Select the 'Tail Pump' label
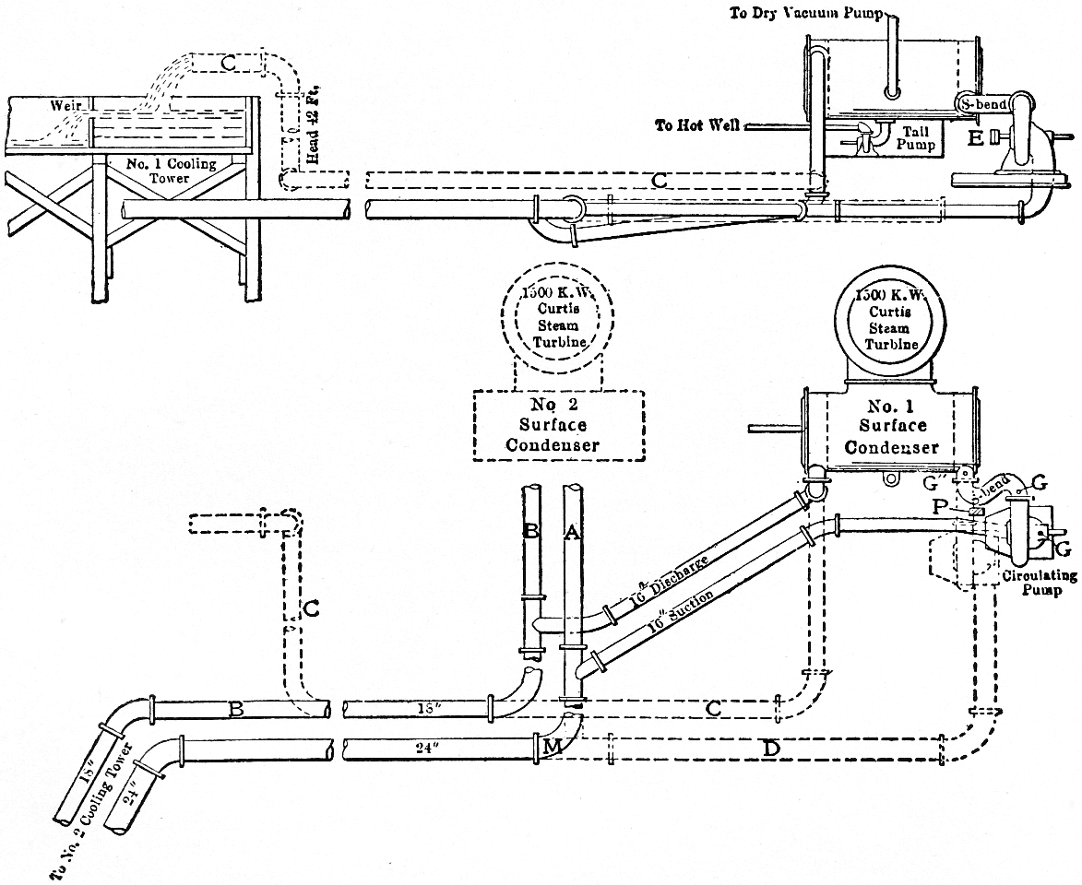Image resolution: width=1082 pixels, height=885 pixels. tap(918, 139)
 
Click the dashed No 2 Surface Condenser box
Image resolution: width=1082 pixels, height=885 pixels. tap(559, 424)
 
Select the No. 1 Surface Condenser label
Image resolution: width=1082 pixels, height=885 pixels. tap(893, 427)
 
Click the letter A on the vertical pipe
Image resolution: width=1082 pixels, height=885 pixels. tap(572, 531)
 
